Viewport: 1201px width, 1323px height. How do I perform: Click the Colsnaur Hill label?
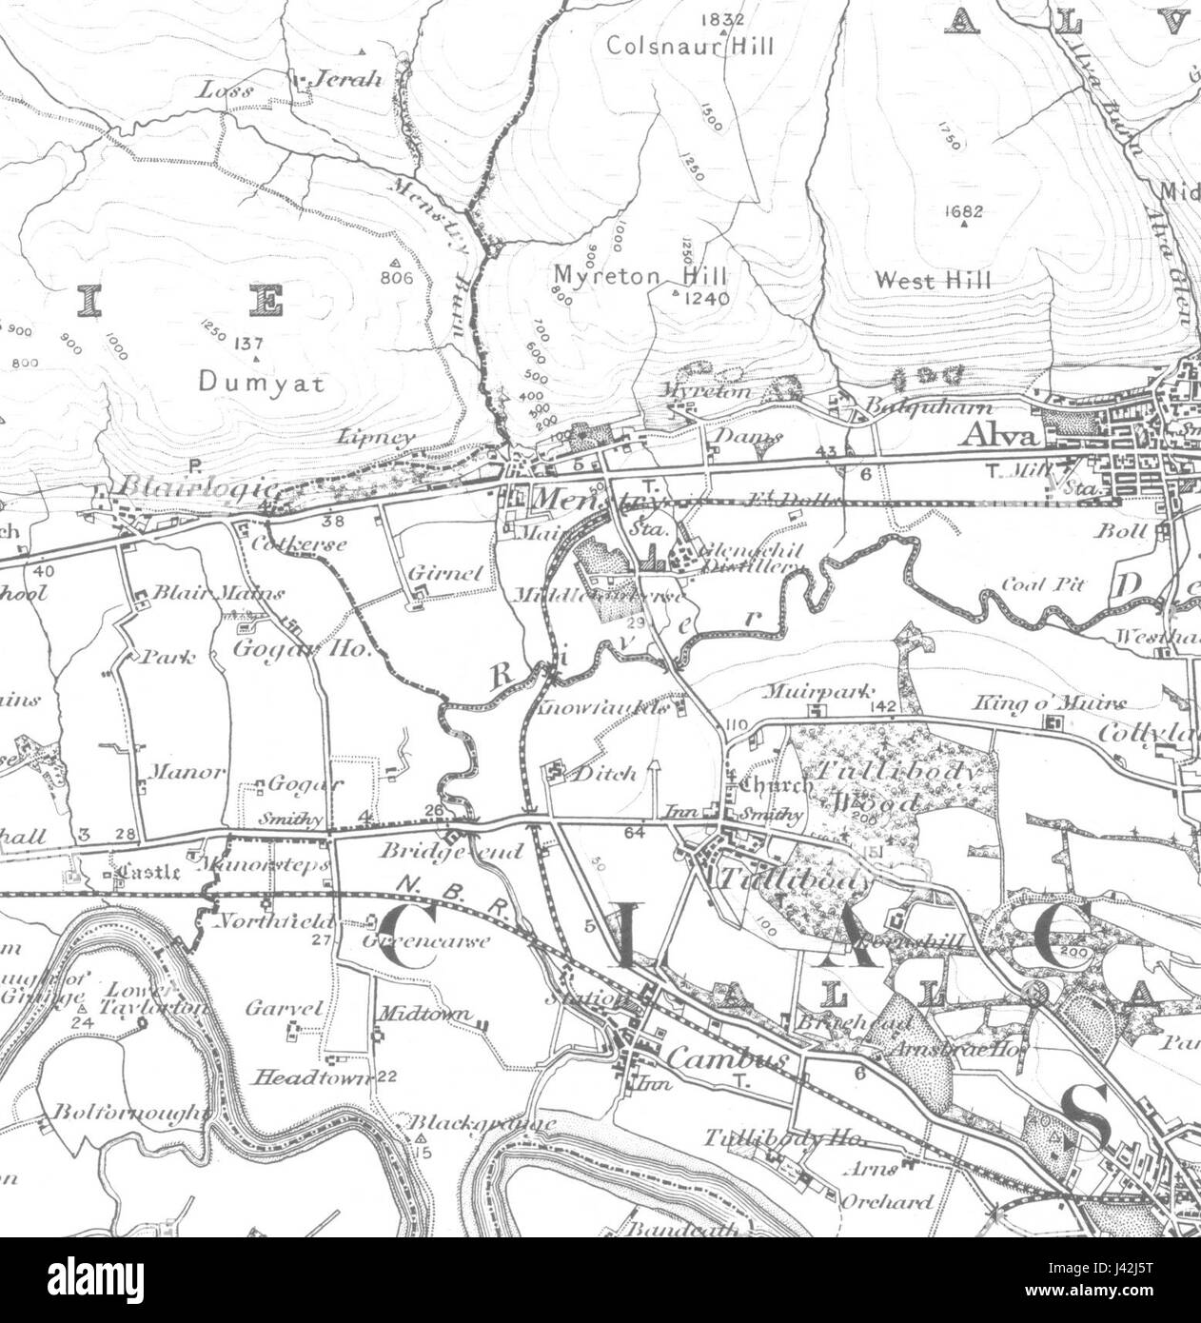[703, 46]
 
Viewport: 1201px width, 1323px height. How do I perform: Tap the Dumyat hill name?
[263, 383]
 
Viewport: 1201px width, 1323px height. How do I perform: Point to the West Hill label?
[933, 280]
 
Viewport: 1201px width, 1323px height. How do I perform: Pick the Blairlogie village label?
[195, 487]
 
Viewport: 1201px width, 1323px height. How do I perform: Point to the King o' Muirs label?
[1048, 703]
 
